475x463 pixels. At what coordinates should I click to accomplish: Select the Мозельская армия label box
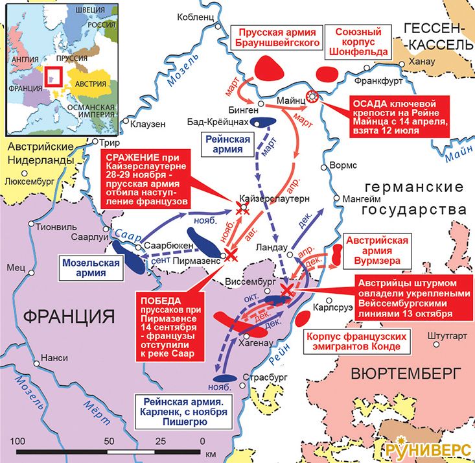click(x=91, y=268)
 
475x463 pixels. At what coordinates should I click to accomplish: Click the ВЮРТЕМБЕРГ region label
click(x=406, y=374)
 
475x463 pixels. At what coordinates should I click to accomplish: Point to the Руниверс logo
click(x=429, y=449)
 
